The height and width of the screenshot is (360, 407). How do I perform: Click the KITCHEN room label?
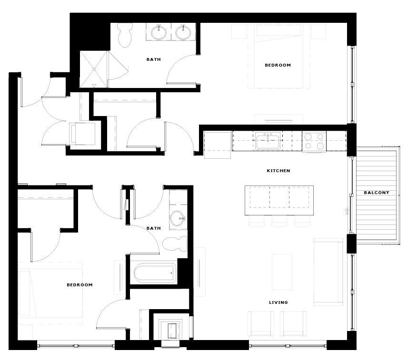click(278, 171)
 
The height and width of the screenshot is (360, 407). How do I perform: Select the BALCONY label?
click(377, 193)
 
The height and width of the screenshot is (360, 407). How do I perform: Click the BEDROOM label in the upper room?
click(278, 65)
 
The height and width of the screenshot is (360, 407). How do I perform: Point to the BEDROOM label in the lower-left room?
click(79, 285)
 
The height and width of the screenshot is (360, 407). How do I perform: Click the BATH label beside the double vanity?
click(153, 59)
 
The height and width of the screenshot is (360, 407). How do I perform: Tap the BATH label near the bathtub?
click(153, 228)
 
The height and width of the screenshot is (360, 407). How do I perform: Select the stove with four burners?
click(314, 141)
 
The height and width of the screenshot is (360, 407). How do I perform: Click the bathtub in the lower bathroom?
click(154, 273)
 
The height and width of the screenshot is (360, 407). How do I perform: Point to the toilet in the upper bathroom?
click(126, 36)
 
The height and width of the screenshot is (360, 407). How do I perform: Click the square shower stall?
click(94, 69)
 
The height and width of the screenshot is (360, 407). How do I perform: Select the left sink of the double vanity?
click(159, 33)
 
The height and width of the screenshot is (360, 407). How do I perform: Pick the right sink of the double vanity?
click(183, 33)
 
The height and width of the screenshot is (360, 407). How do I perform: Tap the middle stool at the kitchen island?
click(279, 222)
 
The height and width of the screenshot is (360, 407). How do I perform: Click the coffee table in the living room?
click(282, 272)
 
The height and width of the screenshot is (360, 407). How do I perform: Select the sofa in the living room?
click(328, 271)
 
